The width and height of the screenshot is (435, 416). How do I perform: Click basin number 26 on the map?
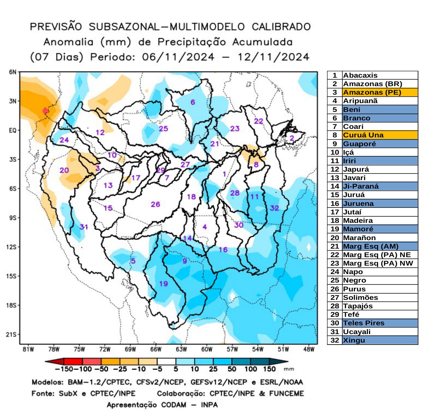pyautogui.click(x=156, y=204)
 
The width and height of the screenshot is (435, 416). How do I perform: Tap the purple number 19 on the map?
pyautogui.click(x=163, y=284)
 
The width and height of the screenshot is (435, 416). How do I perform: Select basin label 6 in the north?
pyautogui.click(x=193, y=102)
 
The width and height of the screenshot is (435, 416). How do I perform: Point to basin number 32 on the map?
pyautogui.click(x=275, y=208)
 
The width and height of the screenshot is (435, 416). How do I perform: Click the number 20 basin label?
pyautogui.click(x=64, y=170)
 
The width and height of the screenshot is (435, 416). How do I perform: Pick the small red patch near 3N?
pyautogui.click(x=45, y=111)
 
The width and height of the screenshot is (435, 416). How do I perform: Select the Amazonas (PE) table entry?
pyautogui.click(x=372, y=92)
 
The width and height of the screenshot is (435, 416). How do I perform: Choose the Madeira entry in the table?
pyautogui.click(x=358, y=221)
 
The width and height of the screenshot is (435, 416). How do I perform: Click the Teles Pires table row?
pyautogui.click(x=364, y=323)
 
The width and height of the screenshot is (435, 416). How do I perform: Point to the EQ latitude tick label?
pyautogui.click(x=12, y=131)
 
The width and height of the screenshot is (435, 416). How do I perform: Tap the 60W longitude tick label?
pyautogui.click(x=207, y=349)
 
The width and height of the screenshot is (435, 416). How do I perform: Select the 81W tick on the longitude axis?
pyautogui.click(x=28, y=349)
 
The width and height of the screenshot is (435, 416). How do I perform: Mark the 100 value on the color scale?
pyautogui.click(x=251, y=369)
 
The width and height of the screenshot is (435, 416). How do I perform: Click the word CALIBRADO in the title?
pyautogui.click(x=281, y=27)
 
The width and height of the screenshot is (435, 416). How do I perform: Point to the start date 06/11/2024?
pyautogui.click(x=178, y=57)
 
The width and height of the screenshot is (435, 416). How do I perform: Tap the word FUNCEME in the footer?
pyautogui.click(x=286, y=393)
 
